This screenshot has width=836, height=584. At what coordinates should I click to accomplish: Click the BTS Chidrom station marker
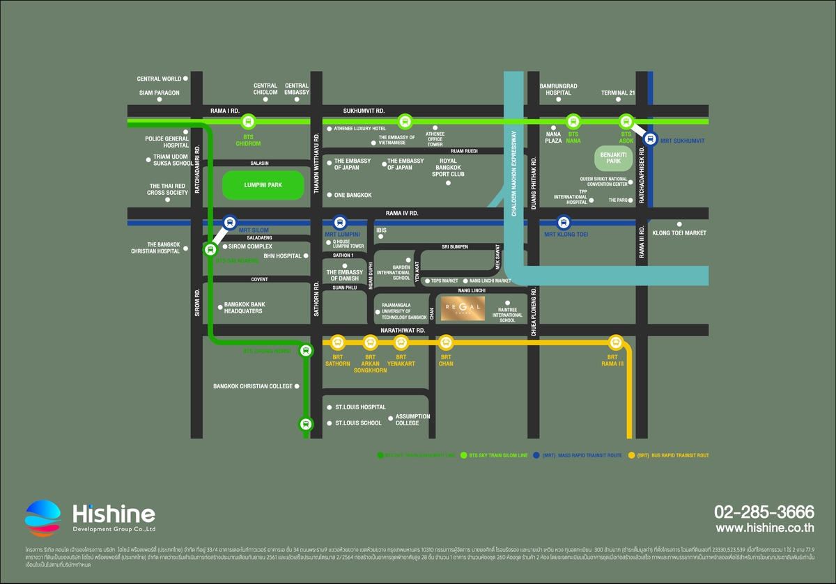coord(247,122)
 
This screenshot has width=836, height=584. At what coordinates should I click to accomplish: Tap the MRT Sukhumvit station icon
coord(649,139)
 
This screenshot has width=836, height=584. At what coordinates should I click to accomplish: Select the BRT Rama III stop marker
coord(615,342)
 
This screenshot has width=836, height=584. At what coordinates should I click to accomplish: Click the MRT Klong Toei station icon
coord(564,223)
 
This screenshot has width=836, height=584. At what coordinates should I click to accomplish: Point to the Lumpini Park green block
coord(263,186)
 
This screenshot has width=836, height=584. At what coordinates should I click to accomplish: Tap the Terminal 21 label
coord(618,93)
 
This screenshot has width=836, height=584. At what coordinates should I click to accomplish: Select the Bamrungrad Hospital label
coord(559,89)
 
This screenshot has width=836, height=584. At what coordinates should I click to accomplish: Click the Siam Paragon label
coord(159,93)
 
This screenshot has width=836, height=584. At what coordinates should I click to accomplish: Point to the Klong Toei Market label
coord(679,233)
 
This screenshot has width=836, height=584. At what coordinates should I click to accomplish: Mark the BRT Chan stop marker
coord(446,342)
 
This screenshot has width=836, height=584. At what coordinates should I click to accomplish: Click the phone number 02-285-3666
coord(764,512)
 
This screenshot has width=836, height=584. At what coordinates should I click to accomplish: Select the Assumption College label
coord(412,420)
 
